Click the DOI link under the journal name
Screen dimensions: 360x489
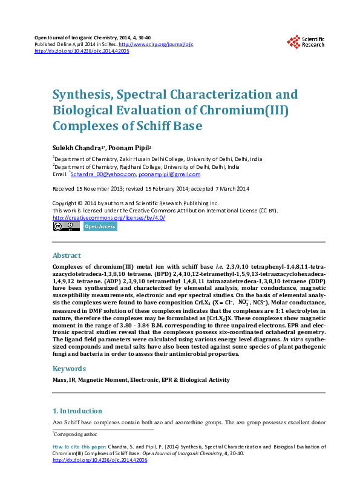pos(82,51)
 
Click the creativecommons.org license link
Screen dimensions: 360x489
pos(109,218)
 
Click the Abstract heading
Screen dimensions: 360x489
pos(67,255)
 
